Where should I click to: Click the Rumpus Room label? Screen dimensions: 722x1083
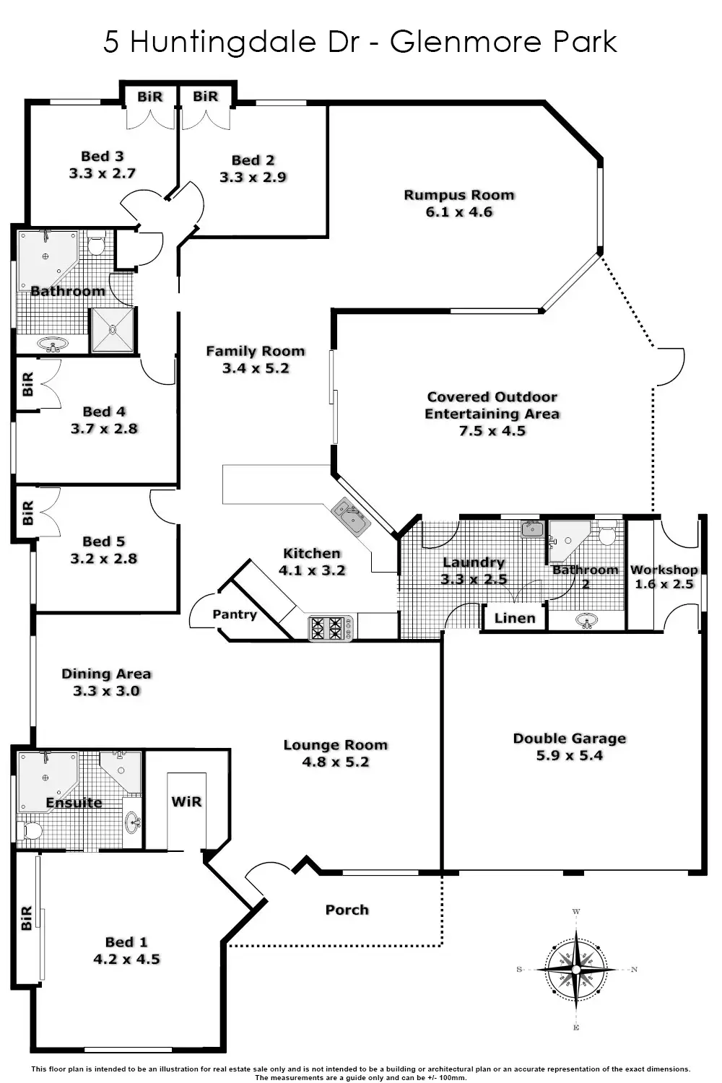(459, 195)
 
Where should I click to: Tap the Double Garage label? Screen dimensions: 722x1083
(570, 739)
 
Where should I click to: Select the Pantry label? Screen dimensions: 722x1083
(234, 614)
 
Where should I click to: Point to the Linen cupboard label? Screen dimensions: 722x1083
(515, 618)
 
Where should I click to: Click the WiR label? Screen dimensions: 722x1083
(186, 802)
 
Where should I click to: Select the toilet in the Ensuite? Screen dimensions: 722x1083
(30, 830)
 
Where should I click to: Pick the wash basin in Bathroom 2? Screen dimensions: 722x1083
(586, 621)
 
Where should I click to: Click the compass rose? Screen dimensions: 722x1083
(576, 969)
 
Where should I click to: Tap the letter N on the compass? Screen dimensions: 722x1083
(634, 970)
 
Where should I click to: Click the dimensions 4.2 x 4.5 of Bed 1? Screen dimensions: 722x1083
(126, 960)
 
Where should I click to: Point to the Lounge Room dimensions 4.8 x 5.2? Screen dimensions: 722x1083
(336, 762)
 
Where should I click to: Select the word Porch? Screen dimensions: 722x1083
(347, 910)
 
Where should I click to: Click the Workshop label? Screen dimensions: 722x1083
(664, 570)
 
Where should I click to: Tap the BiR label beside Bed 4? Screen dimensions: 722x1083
(28, 384)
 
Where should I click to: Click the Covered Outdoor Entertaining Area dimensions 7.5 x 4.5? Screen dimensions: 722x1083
(492, 431)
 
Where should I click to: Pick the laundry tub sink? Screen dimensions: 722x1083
(532, 529)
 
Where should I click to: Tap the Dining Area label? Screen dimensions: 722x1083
(106, 674)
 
